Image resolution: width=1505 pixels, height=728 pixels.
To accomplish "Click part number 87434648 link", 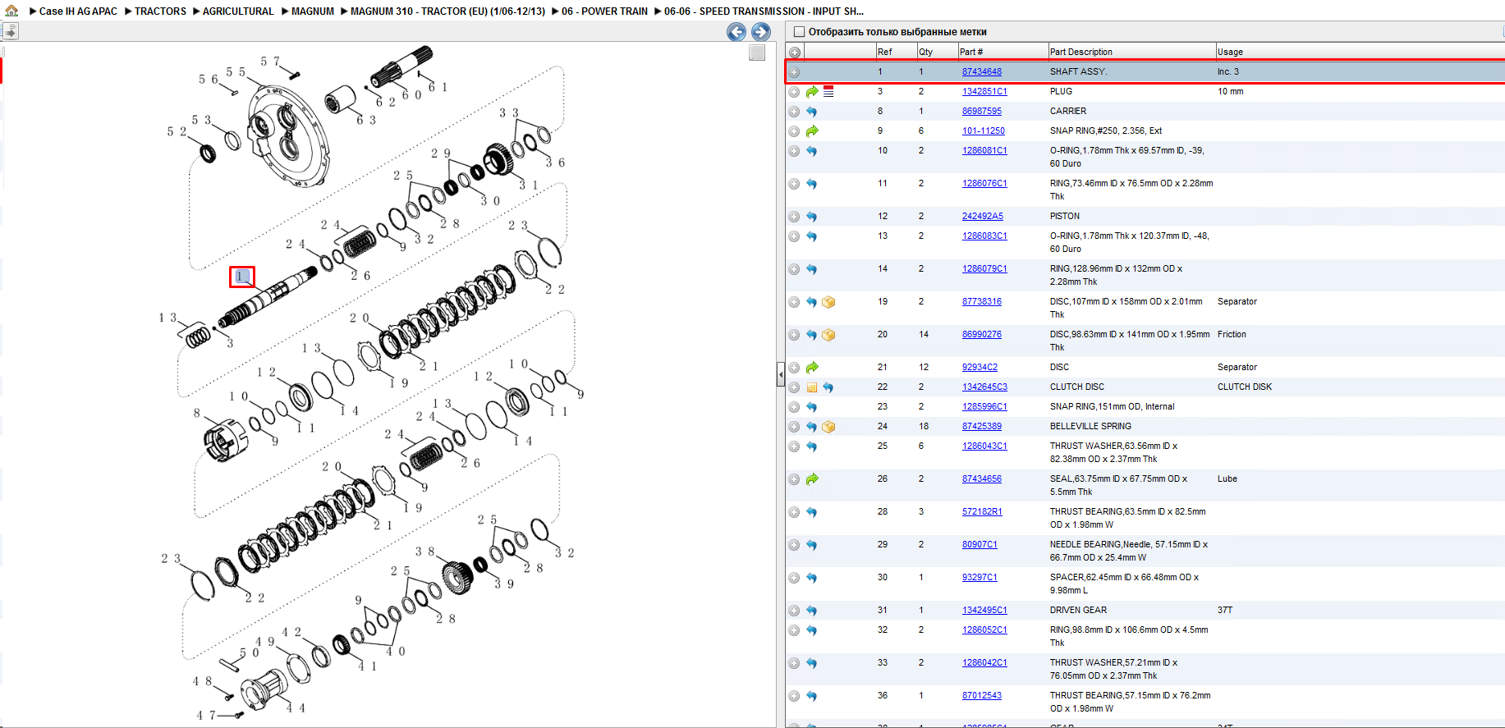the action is (981, 72).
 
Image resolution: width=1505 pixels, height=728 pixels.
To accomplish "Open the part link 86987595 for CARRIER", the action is (981, 112).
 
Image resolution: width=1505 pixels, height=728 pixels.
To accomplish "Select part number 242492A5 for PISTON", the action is (982, 217).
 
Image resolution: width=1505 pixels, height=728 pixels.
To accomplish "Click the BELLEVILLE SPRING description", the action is (1090, 427).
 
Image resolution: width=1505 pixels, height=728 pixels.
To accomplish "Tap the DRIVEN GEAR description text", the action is (1078, 611).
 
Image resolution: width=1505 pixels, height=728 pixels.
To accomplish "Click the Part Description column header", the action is (1081, 52).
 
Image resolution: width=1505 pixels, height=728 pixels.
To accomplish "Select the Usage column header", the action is (1230, 52).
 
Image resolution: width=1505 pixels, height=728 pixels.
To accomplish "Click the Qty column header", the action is (925, 52).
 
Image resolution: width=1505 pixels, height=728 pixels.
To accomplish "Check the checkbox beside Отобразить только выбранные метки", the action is (799, 32).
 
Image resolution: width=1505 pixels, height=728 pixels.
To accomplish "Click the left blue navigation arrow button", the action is (736, 32).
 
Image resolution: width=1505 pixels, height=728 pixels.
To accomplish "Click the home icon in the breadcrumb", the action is (11, 11).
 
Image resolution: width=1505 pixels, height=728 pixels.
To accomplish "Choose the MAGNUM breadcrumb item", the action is (313, 11).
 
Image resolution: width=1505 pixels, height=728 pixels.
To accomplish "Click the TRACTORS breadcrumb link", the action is (160, 11).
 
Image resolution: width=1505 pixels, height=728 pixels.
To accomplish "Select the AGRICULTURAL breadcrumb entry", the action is (238, 11).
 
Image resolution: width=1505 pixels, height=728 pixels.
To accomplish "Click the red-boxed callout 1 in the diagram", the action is (242, 277).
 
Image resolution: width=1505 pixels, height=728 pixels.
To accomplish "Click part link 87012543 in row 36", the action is (981, 696).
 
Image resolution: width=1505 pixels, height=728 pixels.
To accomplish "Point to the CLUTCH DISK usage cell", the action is (1244, 387).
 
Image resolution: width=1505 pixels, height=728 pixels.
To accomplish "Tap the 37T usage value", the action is (1225, 611).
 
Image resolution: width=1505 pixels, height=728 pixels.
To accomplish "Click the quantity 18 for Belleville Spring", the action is (924, 427).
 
